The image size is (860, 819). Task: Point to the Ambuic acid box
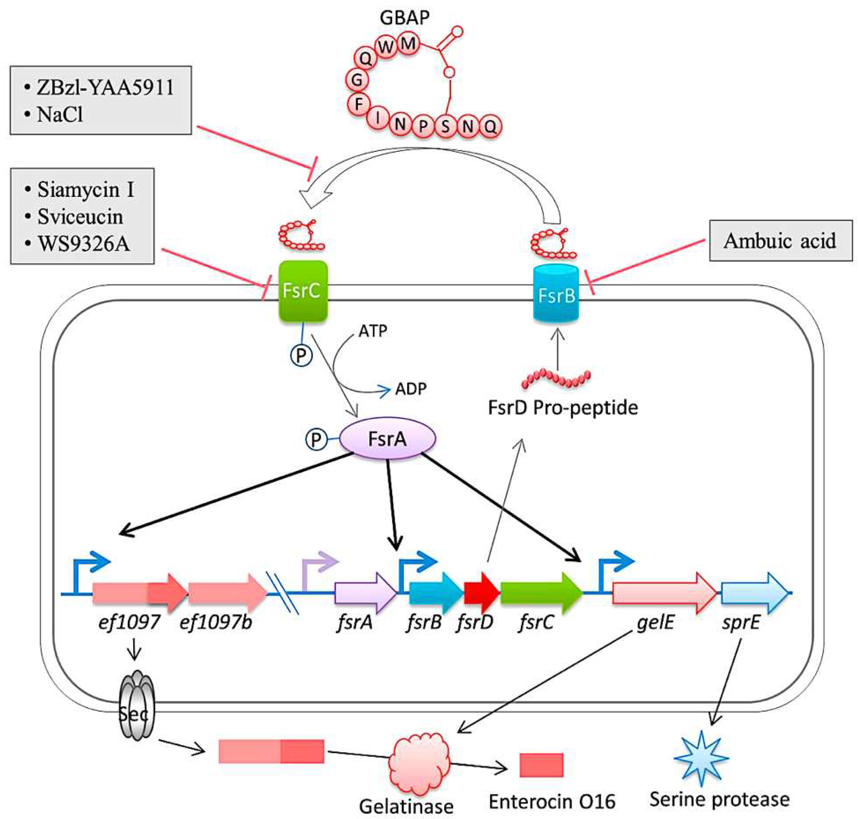(780, 241)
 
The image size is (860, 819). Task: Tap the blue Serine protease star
(701, 758)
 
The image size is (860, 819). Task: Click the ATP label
(373, 331)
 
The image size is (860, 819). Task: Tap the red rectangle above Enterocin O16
(541, 765)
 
